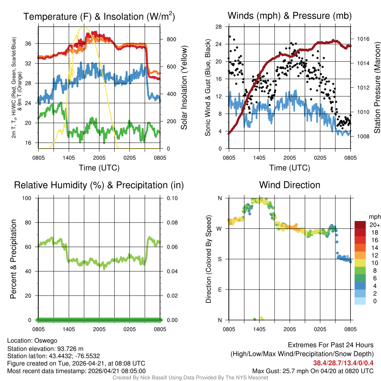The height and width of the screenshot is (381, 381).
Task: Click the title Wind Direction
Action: (289, 185)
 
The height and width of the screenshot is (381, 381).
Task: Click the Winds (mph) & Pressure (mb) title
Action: (289, 16)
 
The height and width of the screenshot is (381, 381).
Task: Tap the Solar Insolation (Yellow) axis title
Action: (184, 88)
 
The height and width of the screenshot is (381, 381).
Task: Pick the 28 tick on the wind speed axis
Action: (219, 27)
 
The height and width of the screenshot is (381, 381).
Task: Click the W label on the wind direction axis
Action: (220, 229)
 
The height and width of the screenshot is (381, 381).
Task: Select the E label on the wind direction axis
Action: (220, 289)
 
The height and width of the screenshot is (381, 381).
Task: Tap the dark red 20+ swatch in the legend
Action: (360, 225)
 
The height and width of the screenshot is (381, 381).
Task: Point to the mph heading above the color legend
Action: (374, 217)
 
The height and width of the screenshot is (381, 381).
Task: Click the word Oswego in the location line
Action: (46, 340)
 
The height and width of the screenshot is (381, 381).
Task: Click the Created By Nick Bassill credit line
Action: (190, 377)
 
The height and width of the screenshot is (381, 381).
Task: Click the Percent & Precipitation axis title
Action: (13, 259)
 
